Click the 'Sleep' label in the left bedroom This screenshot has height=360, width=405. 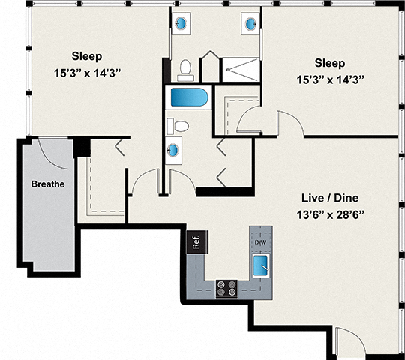[x=87, y=56]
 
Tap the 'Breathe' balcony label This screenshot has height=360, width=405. [x=48, y=184]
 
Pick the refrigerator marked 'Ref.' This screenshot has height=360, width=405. [x=196, y=242]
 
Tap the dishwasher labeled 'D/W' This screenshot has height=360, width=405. [x=261, y=242]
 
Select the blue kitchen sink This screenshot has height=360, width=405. [x=262, y=264]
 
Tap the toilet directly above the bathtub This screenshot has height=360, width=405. [x=185, y=70]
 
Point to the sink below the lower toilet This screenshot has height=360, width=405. [x=175, y=150]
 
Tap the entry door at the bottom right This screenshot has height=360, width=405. [x=347, y=342]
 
